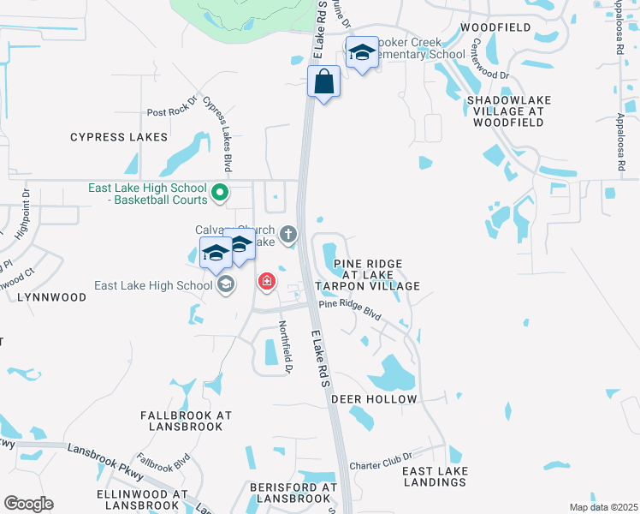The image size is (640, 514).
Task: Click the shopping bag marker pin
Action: (x=324, y=83)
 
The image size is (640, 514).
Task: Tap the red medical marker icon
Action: (x=267, y=281)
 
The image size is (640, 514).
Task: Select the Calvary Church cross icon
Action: (x=289, y=233)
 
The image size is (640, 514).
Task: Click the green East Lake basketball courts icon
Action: (x=219, y=194)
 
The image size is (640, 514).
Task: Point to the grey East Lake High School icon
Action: (x=226, y=285)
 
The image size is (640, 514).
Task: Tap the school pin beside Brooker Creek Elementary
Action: (x=362, y=55)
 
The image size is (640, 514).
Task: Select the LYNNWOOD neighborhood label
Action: (x=51, y=297)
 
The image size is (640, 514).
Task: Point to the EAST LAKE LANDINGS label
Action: (x=434, y=477)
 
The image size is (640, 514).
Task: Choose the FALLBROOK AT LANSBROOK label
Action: (x=186, y=420)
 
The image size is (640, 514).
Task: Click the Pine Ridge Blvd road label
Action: (x=349, y=309)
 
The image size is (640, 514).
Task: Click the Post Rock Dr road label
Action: (x=172, y=112)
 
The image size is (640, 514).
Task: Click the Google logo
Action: (x=28, y=504)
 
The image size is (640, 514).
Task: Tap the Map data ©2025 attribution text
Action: (x=603, y=507)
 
